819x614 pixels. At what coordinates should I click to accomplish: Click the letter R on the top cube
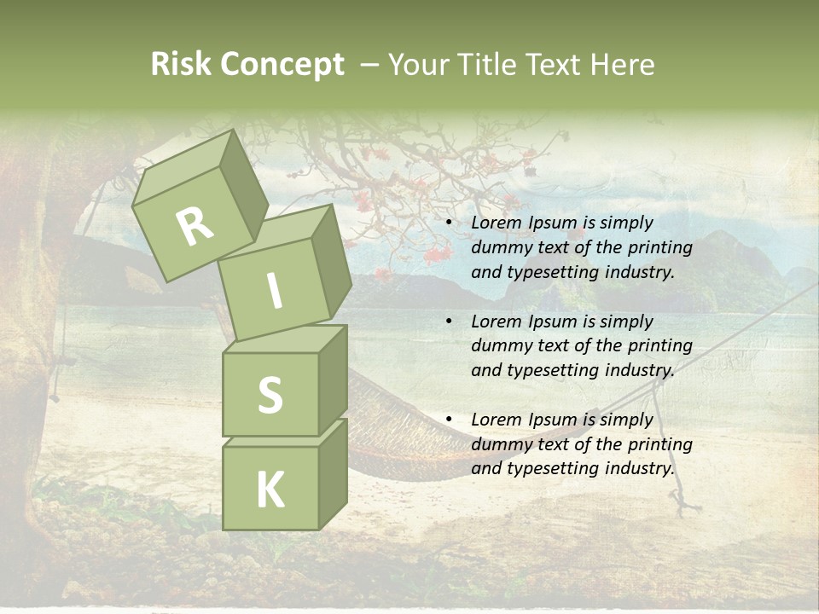(x=195, y=226)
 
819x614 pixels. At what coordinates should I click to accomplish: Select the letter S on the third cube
(x=270, y=395)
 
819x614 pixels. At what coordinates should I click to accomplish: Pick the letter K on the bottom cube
(x=270, y=489)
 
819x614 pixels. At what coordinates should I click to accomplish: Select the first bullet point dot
(x=450, y=223)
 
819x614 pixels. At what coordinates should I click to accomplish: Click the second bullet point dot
(x=450, y=321)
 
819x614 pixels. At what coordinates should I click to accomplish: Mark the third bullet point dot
(x=450, y=420)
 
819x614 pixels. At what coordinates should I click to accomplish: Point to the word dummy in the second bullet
(x=500, y=345)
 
